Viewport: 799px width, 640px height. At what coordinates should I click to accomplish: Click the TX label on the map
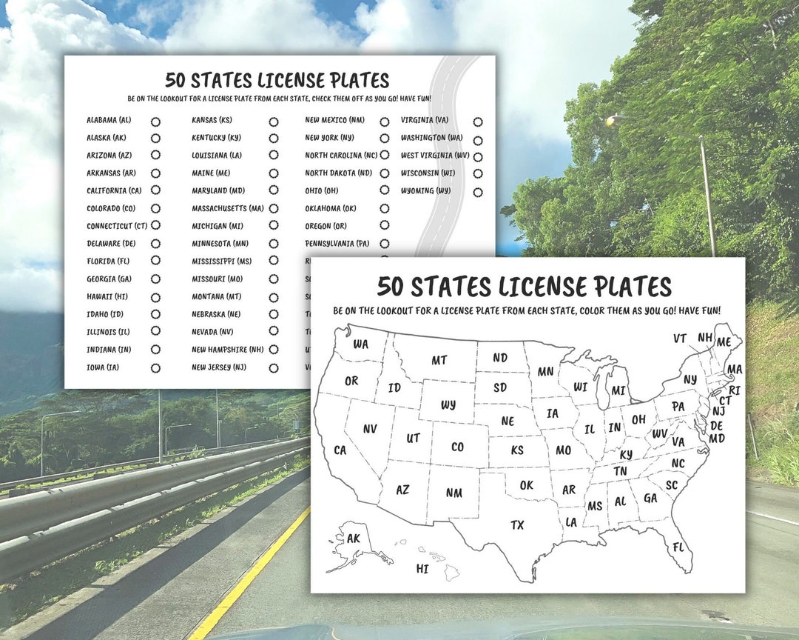[517, 525]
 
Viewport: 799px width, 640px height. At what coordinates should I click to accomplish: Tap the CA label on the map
[340, 450]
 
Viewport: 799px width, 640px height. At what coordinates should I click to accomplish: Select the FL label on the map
[678, 548]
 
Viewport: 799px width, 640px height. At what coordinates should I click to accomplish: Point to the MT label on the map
[439, 360]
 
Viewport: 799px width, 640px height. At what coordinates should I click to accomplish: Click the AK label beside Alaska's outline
[354, 539]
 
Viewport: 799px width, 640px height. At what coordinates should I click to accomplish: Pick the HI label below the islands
[422, 569]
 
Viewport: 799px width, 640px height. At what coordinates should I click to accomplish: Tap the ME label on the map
[724, 341]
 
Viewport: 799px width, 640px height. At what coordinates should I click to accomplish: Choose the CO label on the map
[457, 447]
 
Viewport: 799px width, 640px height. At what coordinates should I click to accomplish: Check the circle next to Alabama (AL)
[155, 121]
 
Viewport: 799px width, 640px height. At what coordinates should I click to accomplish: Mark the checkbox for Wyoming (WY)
[478, 192]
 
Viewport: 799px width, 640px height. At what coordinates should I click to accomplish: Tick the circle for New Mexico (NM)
[385, 121]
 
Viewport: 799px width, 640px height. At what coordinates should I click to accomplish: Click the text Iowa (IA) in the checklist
[103, 367]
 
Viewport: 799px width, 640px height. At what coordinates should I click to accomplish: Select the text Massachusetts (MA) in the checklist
[228, 209]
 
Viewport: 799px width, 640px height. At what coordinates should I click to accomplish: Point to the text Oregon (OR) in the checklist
[326, 226]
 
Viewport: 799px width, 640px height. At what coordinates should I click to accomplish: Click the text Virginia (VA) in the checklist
[425, 120]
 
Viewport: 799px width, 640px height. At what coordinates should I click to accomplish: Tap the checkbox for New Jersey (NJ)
[274, 368]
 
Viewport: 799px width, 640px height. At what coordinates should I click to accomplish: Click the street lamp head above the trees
[611, 120]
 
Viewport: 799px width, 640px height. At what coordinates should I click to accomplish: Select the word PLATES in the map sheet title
[624, 286]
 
